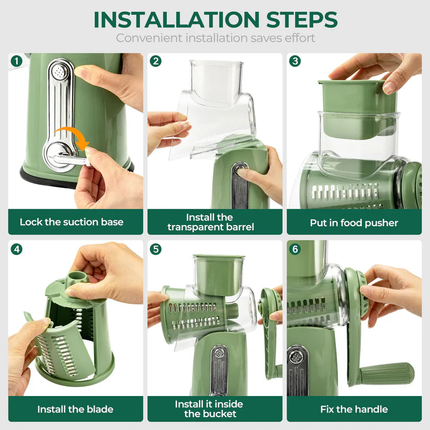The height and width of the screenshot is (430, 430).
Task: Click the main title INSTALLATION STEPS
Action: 215,20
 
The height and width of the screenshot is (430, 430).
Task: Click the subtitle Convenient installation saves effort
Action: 215,38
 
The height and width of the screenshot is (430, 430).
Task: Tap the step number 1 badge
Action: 16,61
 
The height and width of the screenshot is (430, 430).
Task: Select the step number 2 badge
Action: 156,61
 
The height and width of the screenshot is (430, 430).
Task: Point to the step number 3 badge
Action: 295,61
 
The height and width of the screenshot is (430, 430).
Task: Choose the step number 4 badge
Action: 16,248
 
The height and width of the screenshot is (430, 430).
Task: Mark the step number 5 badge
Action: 156,248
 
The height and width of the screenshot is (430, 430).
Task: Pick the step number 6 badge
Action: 295,248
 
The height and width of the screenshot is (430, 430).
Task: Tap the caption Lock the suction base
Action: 71,222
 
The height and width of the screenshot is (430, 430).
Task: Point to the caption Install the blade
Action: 75,409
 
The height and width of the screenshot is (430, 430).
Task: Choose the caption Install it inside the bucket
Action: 210,409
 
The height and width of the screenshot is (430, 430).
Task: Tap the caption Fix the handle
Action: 354,409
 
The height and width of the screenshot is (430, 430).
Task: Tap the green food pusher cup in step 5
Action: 218,274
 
